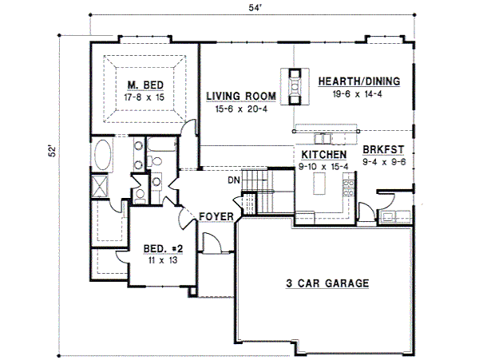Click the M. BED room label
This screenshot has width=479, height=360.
pos(143,85)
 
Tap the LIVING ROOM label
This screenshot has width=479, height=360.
pos(241,96)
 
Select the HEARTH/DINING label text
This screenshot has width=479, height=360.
pos(358,81)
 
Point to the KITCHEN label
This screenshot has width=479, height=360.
pos(324,155)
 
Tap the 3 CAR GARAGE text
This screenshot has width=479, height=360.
pos(327,283)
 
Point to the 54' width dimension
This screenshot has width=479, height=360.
pos(255,7)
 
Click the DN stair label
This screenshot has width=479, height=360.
pos(234,180)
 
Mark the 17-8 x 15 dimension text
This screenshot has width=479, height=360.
pos(144,97)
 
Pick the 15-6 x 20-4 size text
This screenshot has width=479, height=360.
pos(241,108)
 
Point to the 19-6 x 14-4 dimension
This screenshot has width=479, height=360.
pos(358,93)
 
